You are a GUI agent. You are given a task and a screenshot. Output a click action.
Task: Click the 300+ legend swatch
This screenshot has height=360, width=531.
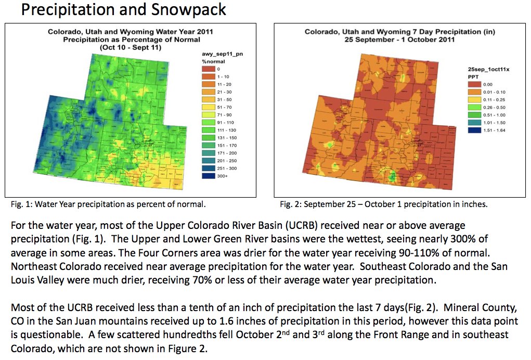point(208,177)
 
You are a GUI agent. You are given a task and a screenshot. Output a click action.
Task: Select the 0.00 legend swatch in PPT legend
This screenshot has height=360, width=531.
point(475,84)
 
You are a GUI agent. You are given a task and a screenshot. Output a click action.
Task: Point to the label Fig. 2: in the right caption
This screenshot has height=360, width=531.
point(290,204)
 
